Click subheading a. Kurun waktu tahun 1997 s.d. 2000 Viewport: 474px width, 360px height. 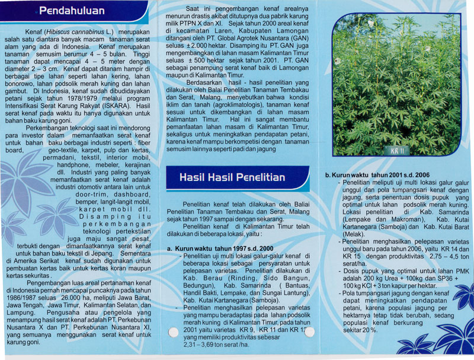click(x=220, y=249)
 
